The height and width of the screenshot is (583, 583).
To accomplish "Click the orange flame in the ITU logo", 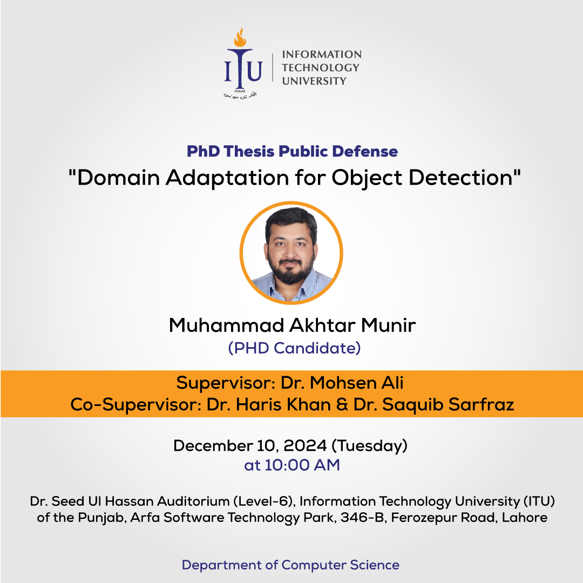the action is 240,37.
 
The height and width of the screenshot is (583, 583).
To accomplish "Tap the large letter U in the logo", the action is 254,71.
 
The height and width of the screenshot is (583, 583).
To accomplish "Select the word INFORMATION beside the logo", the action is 322,55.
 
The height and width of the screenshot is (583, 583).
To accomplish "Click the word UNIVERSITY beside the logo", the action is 314,81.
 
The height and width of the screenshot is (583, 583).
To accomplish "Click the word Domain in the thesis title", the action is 119,178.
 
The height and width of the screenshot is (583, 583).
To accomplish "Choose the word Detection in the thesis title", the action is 460,178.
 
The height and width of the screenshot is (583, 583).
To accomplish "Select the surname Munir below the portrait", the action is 388,326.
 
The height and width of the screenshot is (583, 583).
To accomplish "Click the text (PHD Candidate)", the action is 294,348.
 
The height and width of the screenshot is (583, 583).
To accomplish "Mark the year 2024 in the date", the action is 305,445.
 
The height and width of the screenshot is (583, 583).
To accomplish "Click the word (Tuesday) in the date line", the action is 369,446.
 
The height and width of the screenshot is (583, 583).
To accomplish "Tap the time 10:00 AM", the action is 302,465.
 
